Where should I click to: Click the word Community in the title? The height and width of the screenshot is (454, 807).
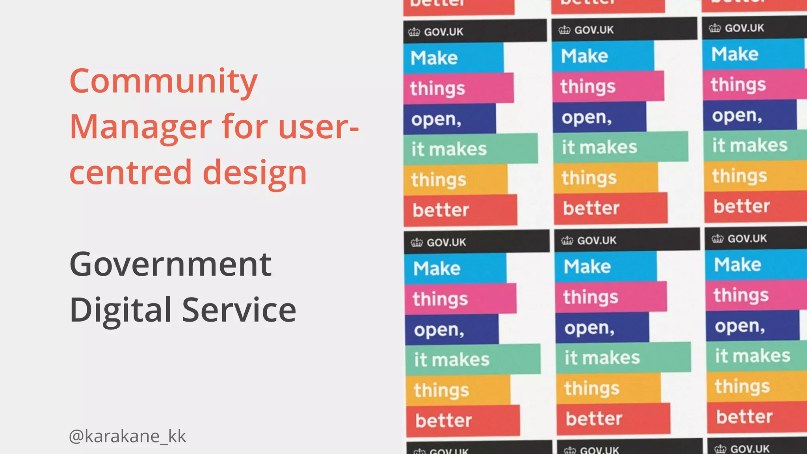164,82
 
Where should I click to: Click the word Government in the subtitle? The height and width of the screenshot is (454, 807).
170,264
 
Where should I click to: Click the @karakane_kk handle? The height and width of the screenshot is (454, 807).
127,436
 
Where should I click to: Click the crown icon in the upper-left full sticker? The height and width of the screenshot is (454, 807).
414,32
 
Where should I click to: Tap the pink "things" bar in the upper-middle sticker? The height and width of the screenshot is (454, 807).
608,86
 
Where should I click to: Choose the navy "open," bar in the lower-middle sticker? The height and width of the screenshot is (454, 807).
601,327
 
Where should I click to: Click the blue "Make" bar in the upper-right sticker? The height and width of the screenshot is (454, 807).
753,54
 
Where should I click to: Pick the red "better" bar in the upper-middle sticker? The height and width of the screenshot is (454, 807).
610,208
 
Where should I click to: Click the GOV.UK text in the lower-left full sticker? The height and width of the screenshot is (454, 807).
446,242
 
